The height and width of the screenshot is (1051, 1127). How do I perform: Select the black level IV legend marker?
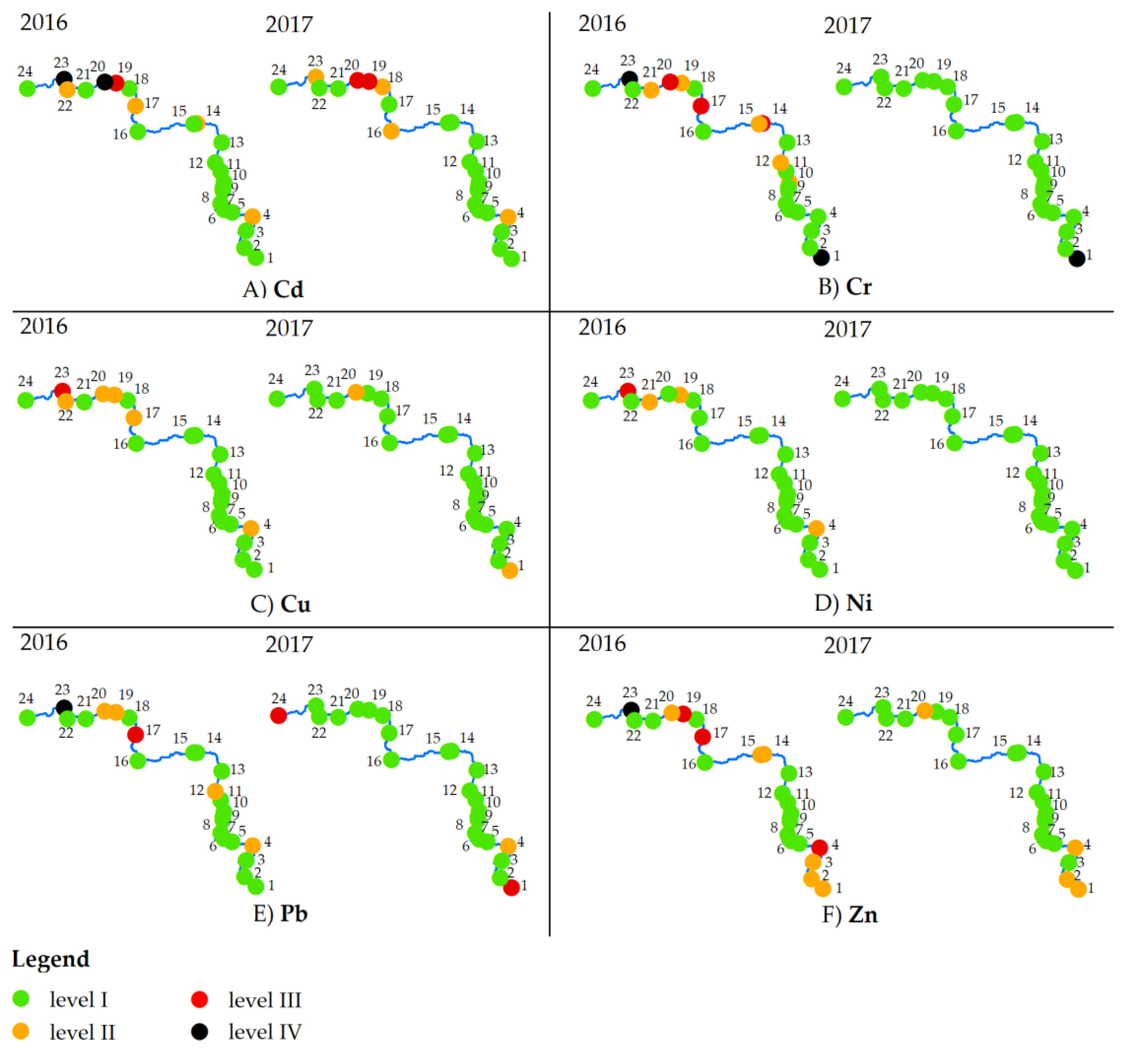[x=199, y=1031]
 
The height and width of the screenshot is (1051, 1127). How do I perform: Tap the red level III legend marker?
[x=199, y=999]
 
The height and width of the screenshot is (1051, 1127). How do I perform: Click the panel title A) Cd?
[x=273, y=289]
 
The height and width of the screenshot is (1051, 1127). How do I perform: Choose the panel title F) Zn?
[x=849, y=914]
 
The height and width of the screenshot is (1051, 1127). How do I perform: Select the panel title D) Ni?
[x=843, y=603]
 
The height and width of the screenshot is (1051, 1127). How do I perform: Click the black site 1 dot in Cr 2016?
[x=821, y=258]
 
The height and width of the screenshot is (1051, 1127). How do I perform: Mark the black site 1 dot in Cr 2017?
[x=1076, y=259]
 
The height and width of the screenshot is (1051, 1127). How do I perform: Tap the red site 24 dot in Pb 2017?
[x=278, y=716]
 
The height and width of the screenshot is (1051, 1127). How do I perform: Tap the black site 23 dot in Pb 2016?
[x=64, y=707]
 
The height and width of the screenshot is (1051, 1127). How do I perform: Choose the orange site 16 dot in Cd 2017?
[x=391, y=131]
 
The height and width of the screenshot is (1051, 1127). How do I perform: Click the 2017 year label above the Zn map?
[x=847, y=645]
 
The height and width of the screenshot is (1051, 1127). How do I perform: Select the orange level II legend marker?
[x=21, y=1031]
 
